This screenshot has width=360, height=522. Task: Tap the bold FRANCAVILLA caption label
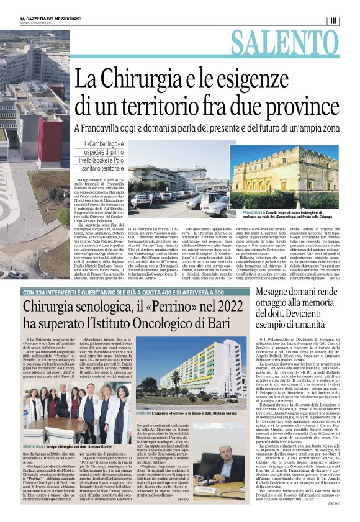pyautogui.click(x=247, y=212)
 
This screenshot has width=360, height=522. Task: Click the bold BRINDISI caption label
pyautogui.click(x=140, y=413)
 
